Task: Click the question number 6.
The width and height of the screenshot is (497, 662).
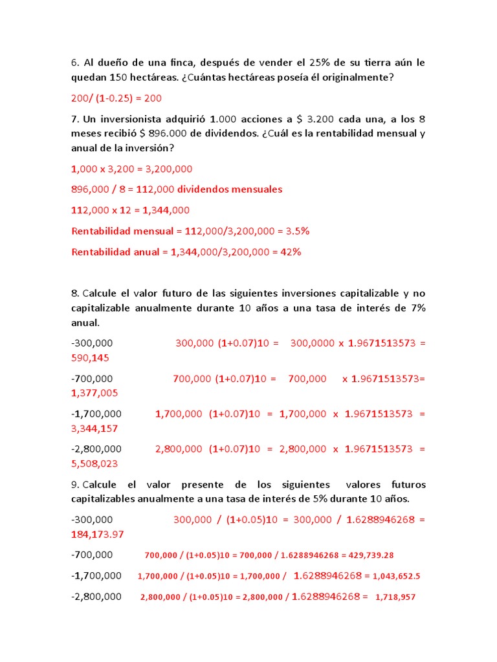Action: pyautogui.click(x=75, y=63)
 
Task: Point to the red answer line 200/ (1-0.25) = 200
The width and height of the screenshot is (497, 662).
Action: pyautogui.click(x=116, y=98)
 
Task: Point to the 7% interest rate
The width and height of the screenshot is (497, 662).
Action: pyautogui.click(x=418, y=308)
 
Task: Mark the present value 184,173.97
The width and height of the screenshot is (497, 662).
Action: pyautogui.click(x=97, y=534)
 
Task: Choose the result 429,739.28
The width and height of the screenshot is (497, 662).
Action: pyautogui.click(x=371, y=555)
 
